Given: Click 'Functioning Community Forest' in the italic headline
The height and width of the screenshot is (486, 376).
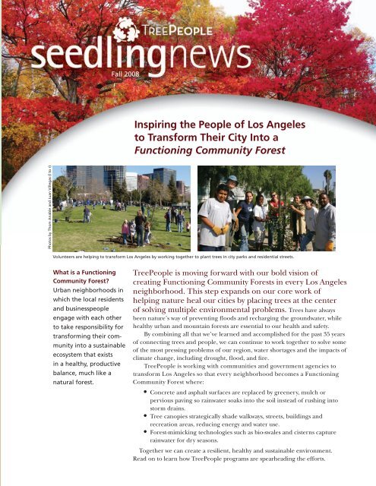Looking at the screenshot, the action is coord(210,150).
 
